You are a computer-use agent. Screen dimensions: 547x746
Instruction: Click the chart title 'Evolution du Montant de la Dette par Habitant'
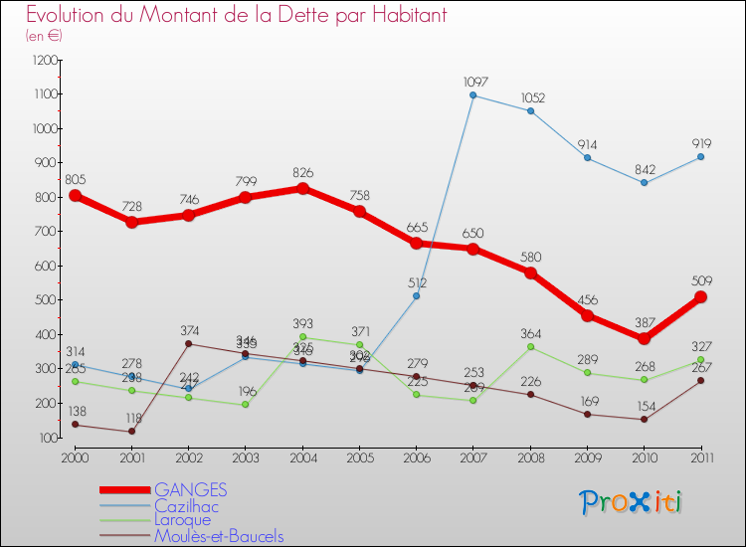[236, 15]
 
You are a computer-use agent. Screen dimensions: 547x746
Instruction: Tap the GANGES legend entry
[190, 489]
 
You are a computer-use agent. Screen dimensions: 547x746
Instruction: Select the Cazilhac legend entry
[186, 505]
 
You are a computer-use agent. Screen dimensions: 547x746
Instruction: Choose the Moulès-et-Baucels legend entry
[219, 536]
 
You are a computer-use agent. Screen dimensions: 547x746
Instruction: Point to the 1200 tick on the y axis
[45, 60]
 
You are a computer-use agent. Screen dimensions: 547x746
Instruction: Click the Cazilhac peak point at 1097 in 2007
[472, 95]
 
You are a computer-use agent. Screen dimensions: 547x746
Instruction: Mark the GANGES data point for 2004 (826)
[302, 188]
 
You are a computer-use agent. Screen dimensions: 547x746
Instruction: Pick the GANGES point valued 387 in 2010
[644, 338]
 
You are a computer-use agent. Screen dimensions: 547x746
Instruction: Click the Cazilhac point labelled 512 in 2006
[416, 296]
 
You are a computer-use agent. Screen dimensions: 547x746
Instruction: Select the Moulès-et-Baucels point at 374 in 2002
[188, 344]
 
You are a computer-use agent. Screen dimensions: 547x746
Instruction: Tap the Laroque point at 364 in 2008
[530, 347]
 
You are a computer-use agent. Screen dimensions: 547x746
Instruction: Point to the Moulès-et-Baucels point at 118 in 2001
[131, 432]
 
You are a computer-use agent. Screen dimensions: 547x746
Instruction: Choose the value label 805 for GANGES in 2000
[75, 180]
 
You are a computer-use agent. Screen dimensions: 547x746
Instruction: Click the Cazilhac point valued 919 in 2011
[700, 156]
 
